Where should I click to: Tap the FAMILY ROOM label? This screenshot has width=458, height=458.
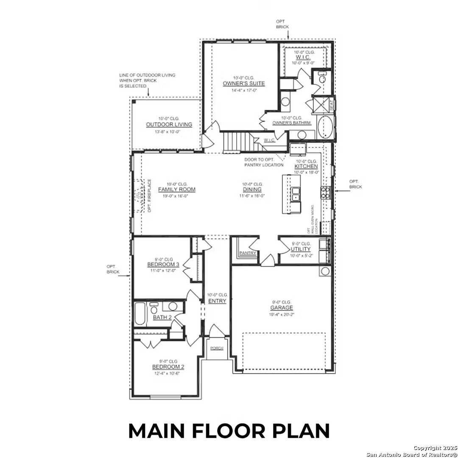[x=176, y=190]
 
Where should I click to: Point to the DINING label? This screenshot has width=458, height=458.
[x=252, y=190]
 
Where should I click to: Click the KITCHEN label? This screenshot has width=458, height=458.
[x=306, y=167]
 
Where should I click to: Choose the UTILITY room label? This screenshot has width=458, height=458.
[x=300, y=249]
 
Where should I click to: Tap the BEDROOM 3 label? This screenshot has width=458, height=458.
[x=163, y=265]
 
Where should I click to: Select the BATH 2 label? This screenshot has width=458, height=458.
[x=162, y=317]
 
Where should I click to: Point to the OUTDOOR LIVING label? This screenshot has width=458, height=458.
[x=169, y=125]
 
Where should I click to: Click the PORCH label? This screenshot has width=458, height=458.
[x=216, y=348]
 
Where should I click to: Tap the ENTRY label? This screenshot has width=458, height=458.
[x=217, y=301]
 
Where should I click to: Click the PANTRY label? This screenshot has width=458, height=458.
[x=247, y=253]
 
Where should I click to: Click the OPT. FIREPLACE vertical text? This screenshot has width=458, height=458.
[x=150, y=195]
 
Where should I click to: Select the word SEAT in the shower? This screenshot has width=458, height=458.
[x=332, y=104]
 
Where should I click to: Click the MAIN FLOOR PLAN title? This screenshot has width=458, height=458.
[x=229, y=430]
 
